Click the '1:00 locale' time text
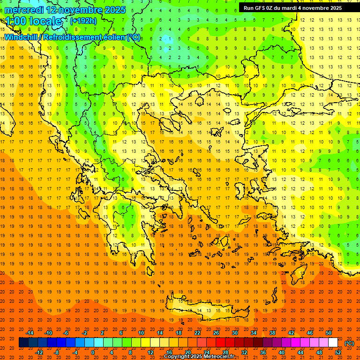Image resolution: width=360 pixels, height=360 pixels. [x=33, y=21]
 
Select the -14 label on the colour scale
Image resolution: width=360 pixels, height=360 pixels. [x=30, y=333]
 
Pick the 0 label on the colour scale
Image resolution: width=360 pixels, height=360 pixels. [x=92, y=352]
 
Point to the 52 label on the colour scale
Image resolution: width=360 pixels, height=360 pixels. [x=337, y=352]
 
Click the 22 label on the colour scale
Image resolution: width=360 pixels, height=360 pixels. [x=197, y=333]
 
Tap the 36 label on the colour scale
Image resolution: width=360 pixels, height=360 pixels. [x=262, y=352]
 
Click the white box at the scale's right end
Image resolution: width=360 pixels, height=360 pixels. [x=333, y=343]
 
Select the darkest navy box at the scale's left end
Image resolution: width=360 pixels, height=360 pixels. [x=23, y=343]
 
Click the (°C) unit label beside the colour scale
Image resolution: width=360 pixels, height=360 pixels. [x=349, y=343]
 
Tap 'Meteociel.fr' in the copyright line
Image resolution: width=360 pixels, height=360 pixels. [x=222, y=357]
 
